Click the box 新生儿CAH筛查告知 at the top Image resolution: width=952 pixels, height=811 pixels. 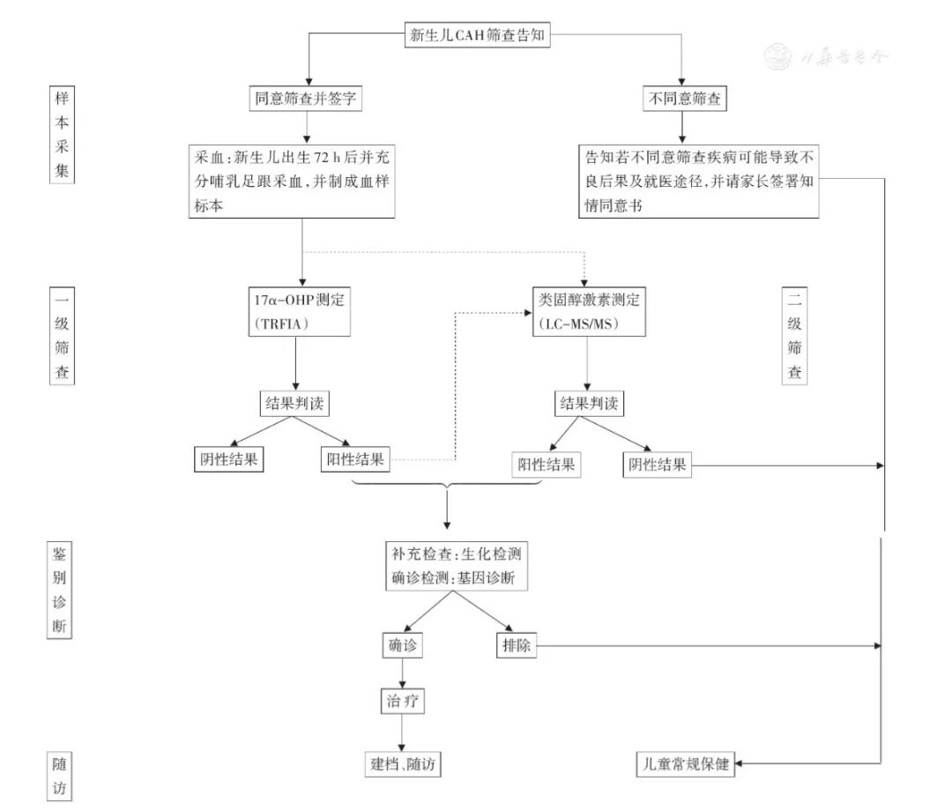click(480, 36)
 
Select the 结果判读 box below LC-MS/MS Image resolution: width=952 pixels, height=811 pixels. click(586, 405)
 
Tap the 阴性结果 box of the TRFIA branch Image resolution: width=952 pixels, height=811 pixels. click(228, 458)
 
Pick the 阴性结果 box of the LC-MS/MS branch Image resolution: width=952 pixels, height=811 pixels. click(657, 464)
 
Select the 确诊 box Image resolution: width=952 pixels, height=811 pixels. click(401, 645)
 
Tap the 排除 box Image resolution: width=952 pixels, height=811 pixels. click(516, 645)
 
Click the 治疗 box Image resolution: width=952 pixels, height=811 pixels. click(402, 703)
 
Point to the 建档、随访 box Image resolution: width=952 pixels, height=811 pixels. click(401, 763)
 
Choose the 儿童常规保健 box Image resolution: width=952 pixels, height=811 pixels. click(684, 763)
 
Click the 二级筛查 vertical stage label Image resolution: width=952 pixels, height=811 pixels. click(795, 335)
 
